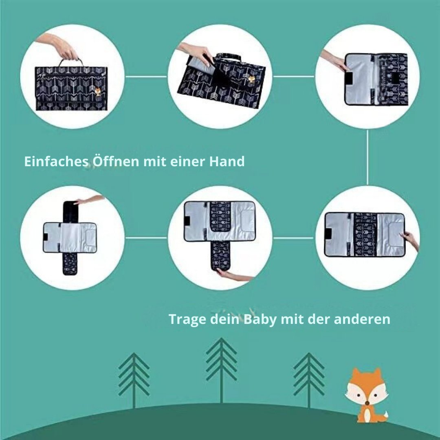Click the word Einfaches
click(x=56, y=161)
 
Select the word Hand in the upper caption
click(x=227, y=161)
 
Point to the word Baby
click(x=260, y=319)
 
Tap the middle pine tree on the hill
click(x=221, y=370)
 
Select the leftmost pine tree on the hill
click(x=134, y=380)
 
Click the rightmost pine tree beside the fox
click(x=309, y=380)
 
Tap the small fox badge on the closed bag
click(x=98, y=92)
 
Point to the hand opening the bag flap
click(x=196, y=54)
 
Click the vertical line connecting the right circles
click(x=367, y=157)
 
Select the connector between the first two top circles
click(x=146, y=76)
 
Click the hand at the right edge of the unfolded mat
click(x=411, y=241)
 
